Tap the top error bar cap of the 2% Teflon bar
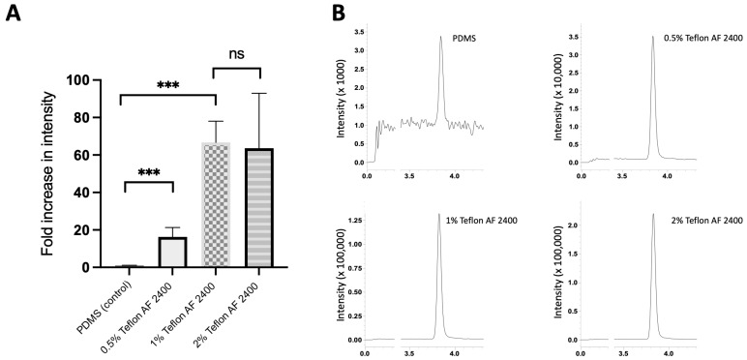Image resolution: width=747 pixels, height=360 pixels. click(259, 93)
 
